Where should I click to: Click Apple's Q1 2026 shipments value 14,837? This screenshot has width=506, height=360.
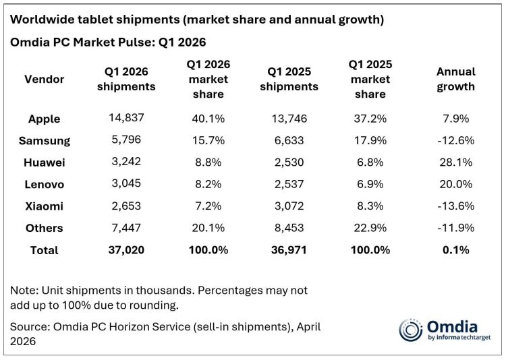point(126,117)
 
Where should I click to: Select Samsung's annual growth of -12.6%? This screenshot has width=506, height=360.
point(455,140)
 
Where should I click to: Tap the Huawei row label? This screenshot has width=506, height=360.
point(45,162)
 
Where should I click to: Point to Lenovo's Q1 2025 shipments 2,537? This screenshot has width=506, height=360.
point(289,184)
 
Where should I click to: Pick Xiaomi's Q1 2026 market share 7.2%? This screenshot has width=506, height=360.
point(208,206)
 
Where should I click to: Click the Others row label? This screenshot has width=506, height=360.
point(45,228)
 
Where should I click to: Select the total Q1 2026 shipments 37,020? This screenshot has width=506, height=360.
point(126,249)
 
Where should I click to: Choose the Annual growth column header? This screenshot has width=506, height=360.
point(455,79)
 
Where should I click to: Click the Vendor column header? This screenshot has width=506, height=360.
point(45,79)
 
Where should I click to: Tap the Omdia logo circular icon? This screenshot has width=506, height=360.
point(410,330)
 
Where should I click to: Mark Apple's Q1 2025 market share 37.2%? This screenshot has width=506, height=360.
point(370,119)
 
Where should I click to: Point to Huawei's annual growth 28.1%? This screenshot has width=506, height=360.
point(455,162)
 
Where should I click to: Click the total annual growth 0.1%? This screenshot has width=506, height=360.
point(455,249)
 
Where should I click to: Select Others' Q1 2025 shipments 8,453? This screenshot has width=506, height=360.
point(289,228)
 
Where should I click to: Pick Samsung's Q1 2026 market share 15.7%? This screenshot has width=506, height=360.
point(208,140)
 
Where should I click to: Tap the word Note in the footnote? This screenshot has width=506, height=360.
point(23,291)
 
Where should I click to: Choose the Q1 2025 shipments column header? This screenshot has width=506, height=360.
point(289,79)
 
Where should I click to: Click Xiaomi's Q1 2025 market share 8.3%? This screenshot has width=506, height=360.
point(370,206)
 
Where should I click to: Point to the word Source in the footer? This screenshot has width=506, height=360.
point(29,327)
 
